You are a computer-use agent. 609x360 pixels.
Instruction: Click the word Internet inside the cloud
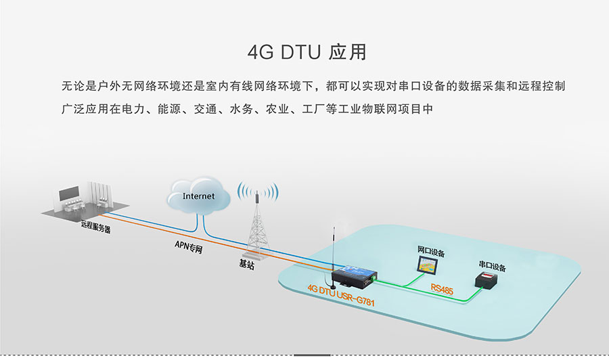pyautogui.click(x=198, y=196)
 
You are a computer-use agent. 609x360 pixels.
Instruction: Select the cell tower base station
pyautogui.click(x=257, y=223)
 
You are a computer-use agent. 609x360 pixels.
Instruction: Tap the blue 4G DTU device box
pyautogui.click(x=353, y=274)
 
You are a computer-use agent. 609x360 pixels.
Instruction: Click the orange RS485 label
pyautogui.click(x=442, y=289)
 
